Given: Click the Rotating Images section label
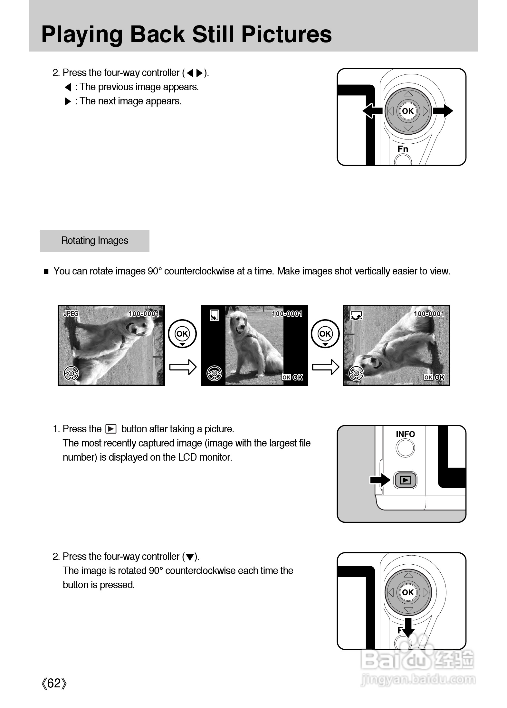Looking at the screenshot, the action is click(94, 241).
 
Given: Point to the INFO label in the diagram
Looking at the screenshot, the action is click(405, 434).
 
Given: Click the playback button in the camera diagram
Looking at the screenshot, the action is click(405, 480).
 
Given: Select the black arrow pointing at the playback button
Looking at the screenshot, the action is click(380, 480).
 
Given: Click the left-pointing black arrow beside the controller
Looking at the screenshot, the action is click(372, 111).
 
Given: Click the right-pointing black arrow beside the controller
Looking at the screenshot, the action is click(443, 111).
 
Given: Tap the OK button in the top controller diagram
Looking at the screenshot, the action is click(408, 111).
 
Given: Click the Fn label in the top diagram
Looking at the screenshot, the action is click(403, 149).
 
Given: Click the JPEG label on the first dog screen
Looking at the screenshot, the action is click(71, 313).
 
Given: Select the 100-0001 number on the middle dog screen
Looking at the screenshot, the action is click(287, 314).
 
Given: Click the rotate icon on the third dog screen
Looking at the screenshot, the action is click(356, 316).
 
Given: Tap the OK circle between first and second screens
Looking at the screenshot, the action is click(182, 334).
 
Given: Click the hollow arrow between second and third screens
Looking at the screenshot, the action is click(325, 367).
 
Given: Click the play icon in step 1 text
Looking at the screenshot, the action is click(111, 429).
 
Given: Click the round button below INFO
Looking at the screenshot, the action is click(405, 448).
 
